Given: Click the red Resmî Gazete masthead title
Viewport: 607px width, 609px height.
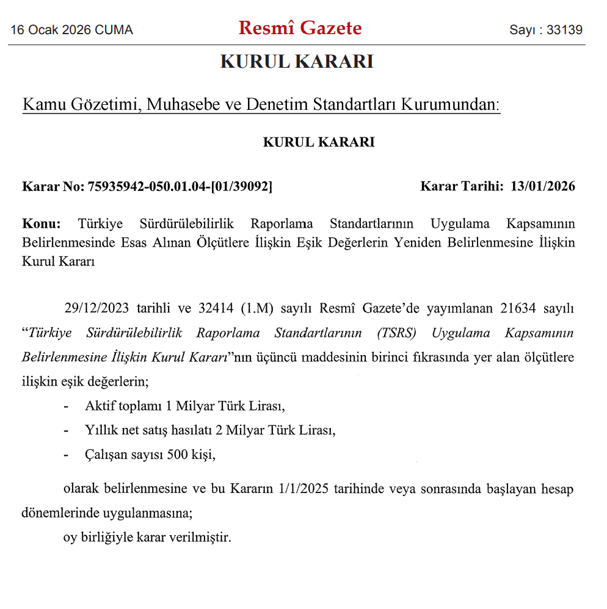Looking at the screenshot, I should pos(300,28).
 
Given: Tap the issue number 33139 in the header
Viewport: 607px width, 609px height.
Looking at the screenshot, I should pos(564,30).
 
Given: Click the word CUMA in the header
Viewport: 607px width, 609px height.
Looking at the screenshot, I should pos(114,30).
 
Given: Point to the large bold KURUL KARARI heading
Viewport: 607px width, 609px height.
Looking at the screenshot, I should pos(297,62).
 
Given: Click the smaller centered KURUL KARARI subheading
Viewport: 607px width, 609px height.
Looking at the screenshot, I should pos(319,142).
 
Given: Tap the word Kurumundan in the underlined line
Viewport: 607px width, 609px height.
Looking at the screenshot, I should pos(450,105).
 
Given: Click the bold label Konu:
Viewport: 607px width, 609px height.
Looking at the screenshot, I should pos(42,223).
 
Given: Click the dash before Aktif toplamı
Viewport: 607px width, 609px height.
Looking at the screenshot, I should pos(66,406).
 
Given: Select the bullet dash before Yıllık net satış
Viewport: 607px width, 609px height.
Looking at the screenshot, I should pos(66,430).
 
